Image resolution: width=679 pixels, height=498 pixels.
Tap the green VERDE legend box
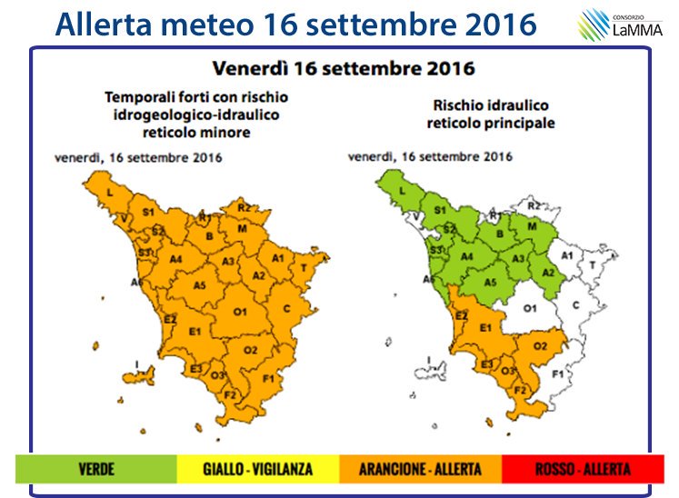[x=95, y=468]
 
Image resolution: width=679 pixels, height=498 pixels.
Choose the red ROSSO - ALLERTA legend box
[x=581, y=468]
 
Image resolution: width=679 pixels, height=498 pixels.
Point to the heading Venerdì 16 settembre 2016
[x=343, y=68]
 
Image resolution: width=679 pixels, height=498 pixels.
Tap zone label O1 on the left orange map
[x=241, y=312]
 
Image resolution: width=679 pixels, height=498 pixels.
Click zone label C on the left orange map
[x=286, y=309]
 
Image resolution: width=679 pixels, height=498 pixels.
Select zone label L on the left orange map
[x=109, y=194]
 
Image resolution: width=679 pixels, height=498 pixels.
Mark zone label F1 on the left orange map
[x=268, y=377]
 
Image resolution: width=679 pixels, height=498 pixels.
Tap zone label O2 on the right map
[x=540, y=346]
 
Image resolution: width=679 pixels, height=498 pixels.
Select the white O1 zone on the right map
[x=533, y=310]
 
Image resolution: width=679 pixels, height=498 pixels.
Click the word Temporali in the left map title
[x=136, y=96]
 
